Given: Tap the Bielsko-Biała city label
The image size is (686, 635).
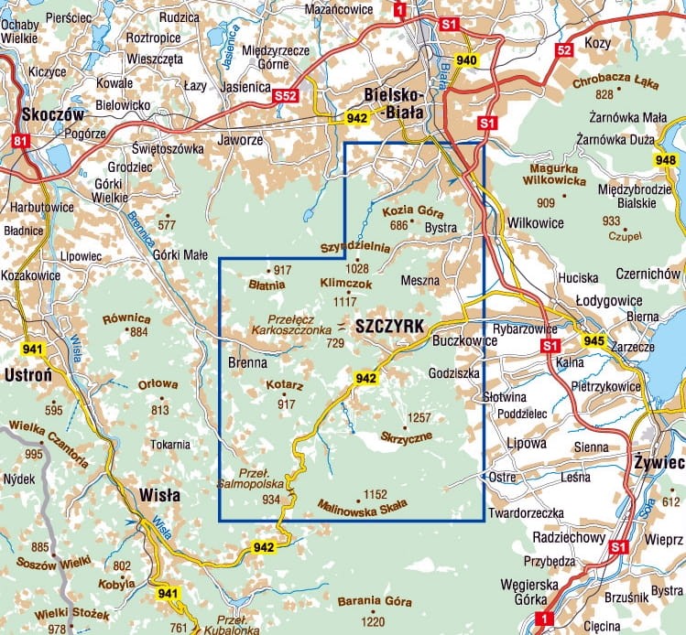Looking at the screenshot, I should pyautogui.click(x=393, y=103).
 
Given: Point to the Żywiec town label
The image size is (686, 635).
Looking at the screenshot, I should pyautogui.click(x=658, y=464).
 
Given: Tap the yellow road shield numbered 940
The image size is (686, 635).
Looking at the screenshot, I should pyautogui.click(x=467, y=60).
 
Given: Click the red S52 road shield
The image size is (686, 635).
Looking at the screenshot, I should pyautogui.click(x=288, y=93).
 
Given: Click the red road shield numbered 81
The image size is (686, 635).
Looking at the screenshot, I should pyautogui.click(x=20, y=141).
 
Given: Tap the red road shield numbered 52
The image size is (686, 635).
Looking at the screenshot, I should pyautogui.click(x=565, y=50).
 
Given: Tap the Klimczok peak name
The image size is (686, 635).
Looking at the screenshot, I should pyautogui.click(x=345, y=285).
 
